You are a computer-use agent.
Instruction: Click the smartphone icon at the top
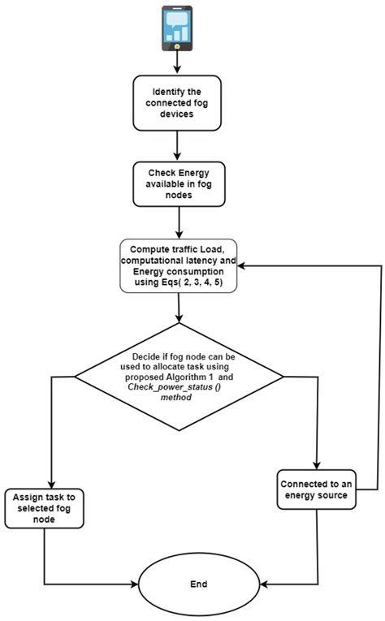[177, 29]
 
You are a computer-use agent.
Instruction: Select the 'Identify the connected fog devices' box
[177, 103]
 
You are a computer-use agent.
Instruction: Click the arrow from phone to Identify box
[177, 65]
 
